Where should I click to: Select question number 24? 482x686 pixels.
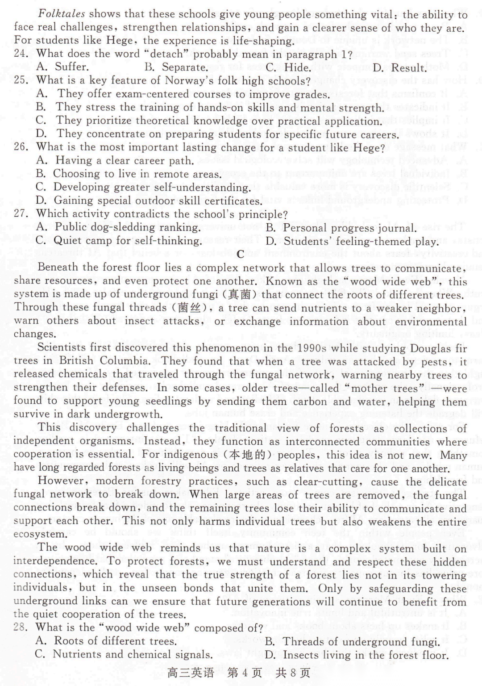click(21, 54)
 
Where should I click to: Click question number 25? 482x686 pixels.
click(21, 80)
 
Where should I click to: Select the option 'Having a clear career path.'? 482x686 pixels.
click(125, 160)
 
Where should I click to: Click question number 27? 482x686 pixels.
click(21, 213)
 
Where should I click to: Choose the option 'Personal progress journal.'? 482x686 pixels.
click(349, 228)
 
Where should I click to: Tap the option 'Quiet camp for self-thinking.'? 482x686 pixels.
click(128, 241)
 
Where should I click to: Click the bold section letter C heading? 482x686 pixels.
click(241, 254)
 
